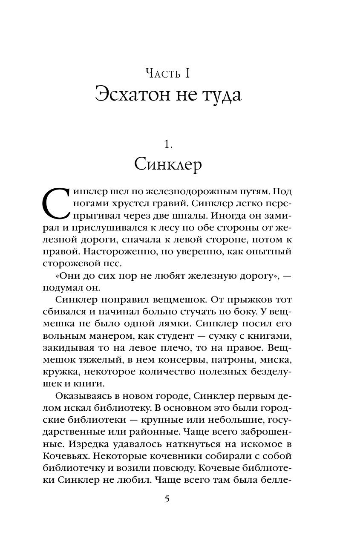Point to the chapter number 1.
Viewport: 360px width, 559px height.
tap(168, 144)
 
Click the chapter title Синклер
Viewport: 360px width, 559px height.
tap(168, 164)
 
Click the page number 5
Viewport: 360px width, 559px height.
tap(167, 499)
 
